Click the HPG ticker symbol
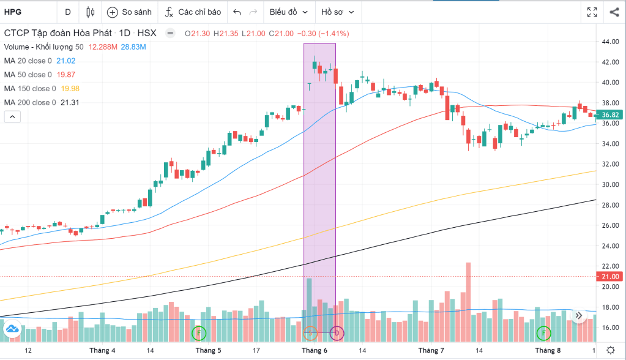point(13,12)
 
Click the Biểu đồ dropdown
point(287,12)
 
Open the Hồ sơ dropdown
point(337,12)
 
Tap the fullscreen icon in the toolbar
point(592,12)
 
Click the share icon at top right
point(614,12)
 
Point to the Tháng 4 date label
point(102,350)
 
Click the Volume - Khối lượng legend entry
point(43,47)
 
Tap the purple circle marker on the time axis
point(337,333)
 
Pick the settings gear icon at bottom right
point(610,350)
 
